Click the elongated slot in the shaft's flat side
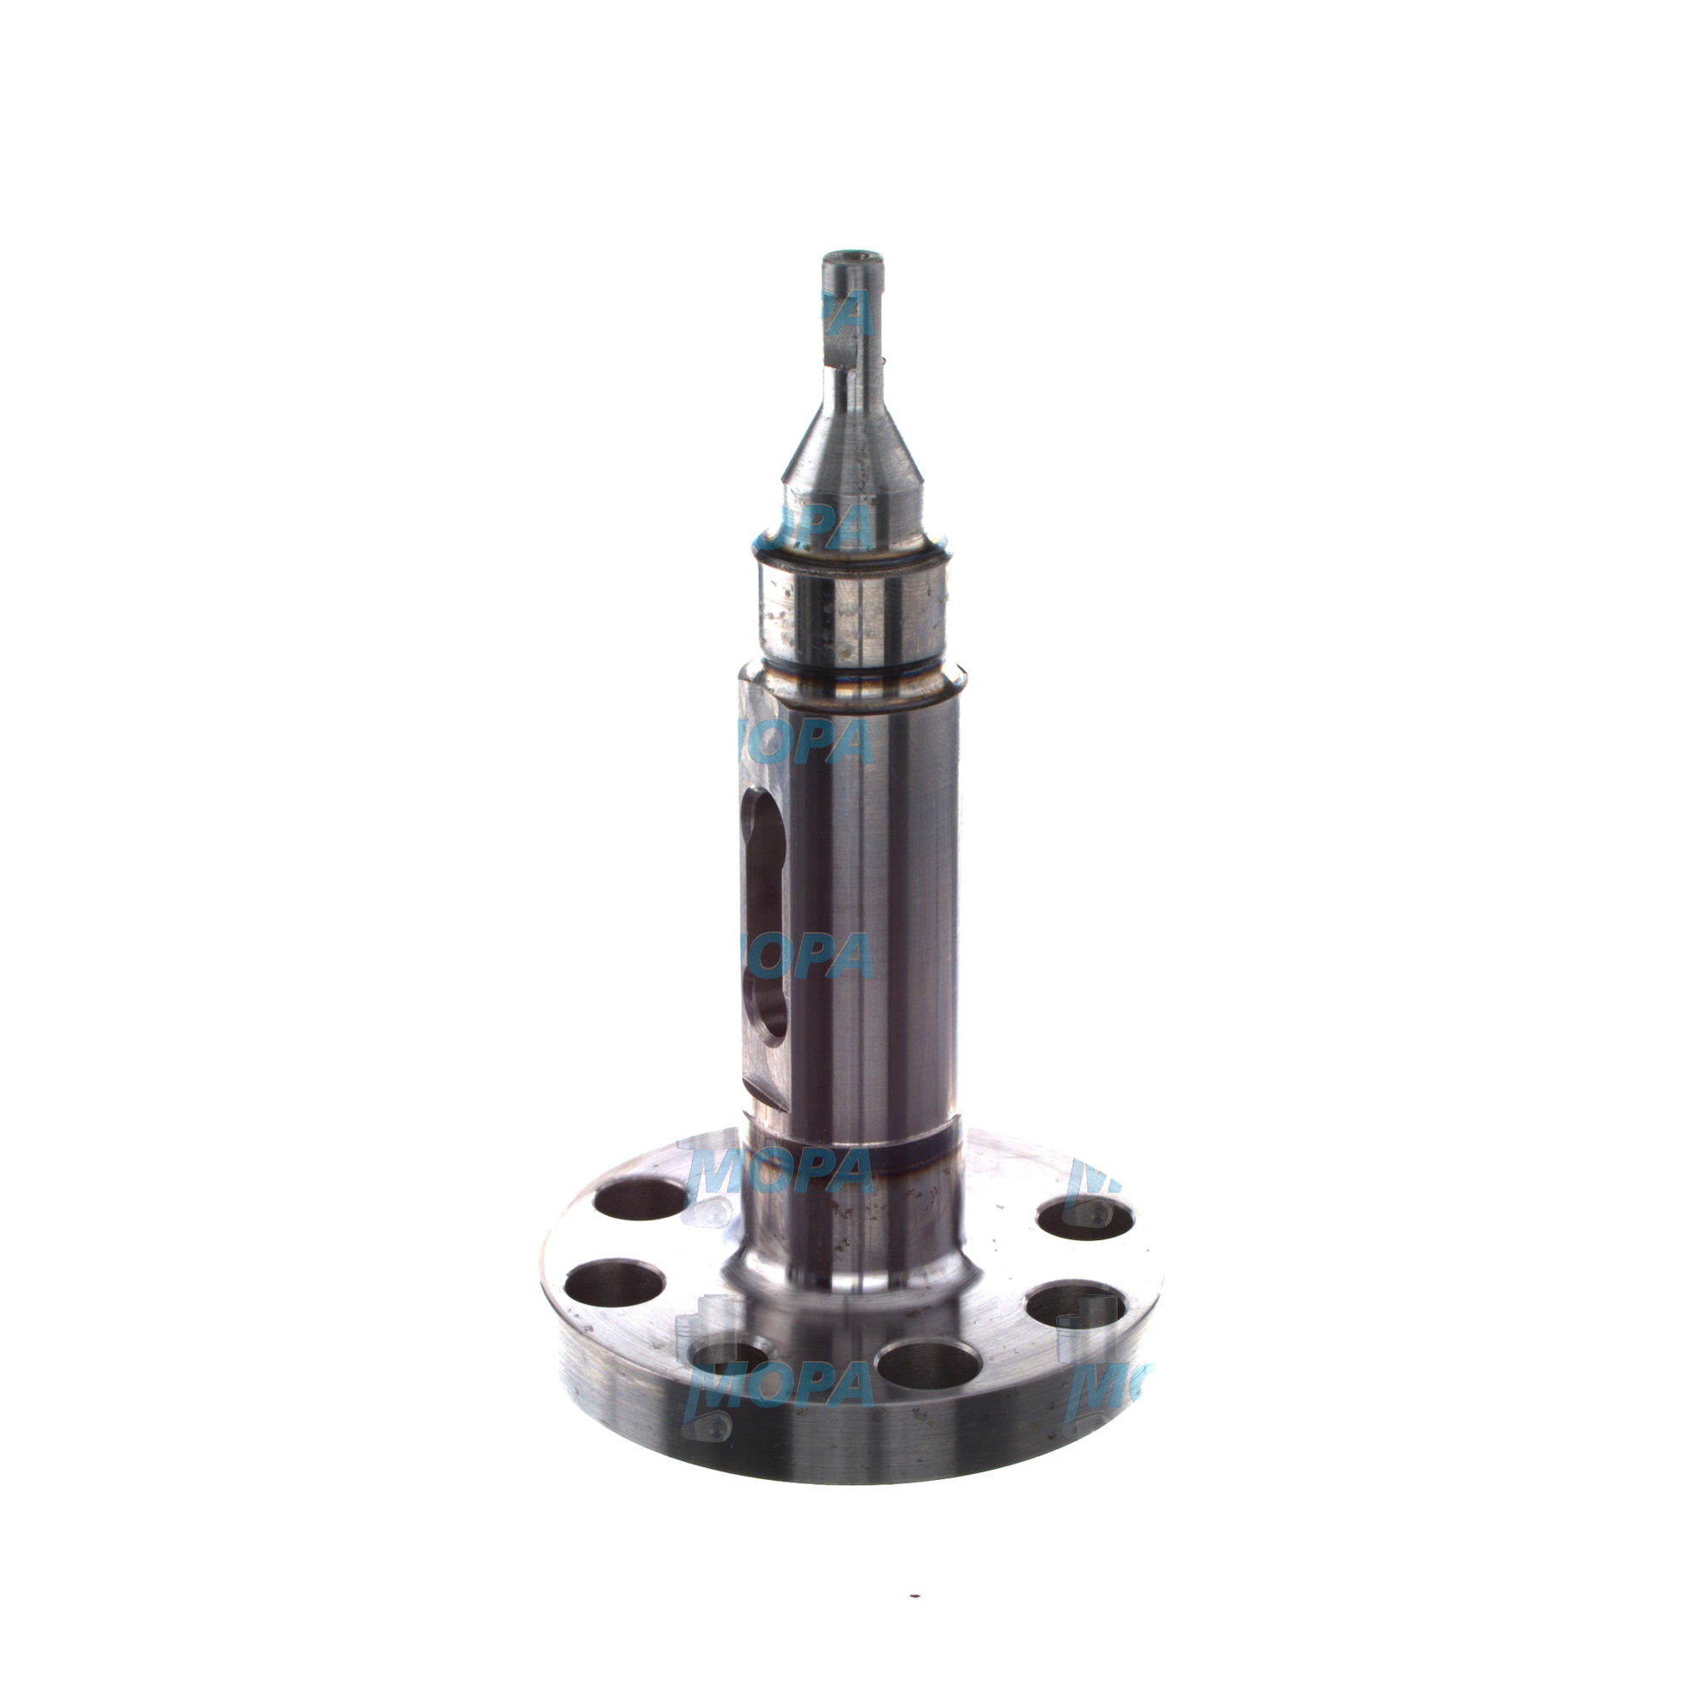(765, 917)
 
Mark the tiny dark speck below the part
(916, 1570)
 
